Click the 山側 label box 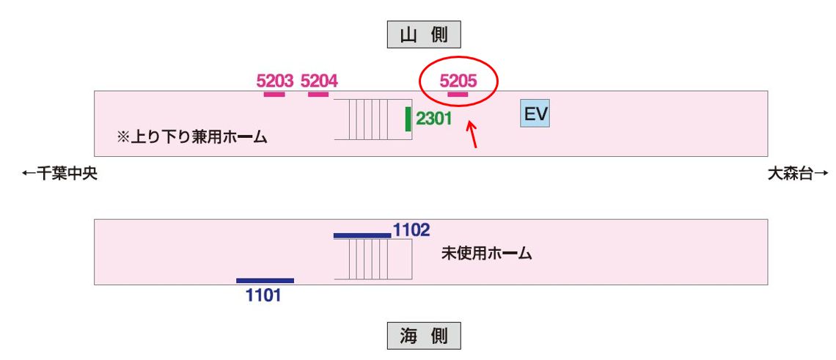tap(424, 34)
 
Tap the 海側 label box tap(424, 336)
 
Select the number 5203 tap(275, 81)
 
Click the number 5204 tap(319, 81)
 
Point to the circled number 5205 tap(458, 81)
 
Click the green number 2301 tap(434, 119)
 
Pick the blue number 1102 tap(411, 229)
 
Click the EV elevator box tap(535, 114)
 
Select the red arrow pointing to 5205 tap(472, 135)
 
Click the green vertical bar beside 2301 tap(408, 119)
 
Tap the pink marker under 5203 tap(274, 94)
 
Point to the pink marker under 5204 tap(318, 94)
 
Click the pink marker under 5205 tap(458, 94)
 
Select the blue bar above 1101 tap(265, 280)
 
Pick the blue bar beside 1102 tap(362, 235)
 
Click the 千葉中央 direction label tap(59, 174)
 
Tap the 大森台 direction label tap(798, 174)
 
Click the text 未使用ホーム tap(486, 254)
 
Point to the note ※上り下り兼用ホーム tap(191, 137)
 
